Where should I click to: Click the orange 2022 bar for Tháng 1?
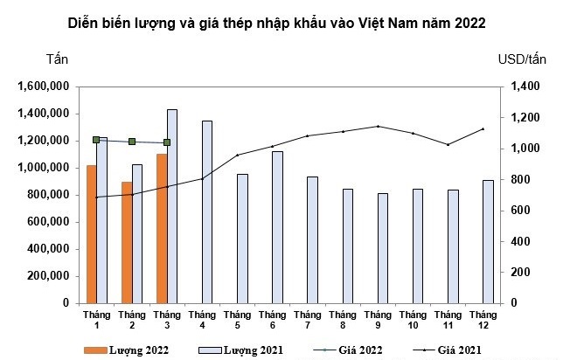91,233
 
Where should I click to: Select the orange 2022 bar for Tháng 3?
161,228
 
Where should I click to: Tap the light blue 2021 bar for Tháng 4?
207,211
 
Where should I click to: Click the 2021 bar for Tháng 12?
488,241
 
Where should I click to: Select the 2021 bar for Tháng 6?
277,227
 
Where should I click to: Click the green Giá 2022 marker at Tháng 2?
132,142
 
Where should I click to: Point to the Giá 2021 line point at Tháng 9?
378,126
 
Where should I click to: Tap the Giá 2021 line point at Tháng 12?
483,129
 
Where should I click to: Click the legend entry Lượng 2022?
126,350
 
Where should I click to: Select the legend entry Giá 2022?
337,350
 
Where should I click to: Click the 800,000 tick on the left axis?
47,195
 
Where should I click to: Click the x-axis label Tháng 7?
307,319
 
